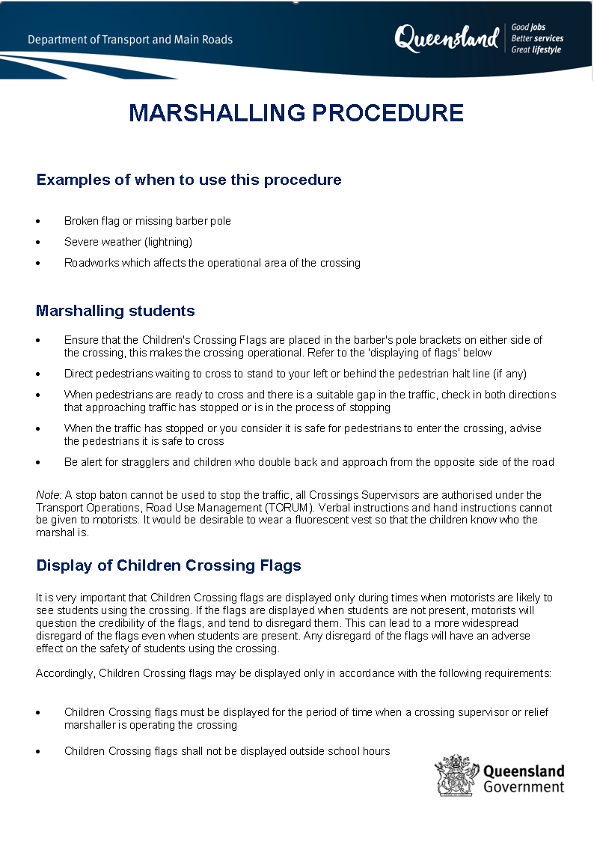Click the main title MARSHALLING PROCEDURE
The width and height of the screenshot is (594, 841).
pos(296,113)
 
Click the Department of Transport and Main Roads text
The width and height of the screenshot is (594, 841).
pos(130,40)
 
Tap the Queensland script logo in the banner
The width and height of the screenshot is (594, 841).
pos(447,38)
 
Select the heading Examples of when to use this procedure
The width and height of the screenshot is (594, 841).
pos(189,180)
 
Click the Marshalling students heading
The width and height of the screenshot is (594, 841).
pos(115,311)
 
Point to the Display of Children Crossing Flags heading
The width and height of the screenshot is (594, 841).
pos(168,565)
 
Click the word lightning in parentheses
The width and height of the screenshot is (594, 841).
pos(170,242)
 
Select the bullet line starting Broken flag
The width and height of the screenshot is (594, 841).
pos(147,221)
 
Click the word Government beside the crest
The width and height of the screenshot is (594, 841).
pos(524,787)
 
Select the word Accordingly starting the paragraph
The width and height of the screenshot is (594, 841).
pos(65,673)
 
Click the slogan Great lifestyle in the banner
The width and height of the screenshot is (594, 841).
pos(536,50)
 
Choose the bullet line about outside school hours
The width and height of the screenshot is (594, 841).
pos(227,751)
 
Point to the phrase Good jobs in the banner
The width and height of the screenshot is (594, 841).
pos(528,27)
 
